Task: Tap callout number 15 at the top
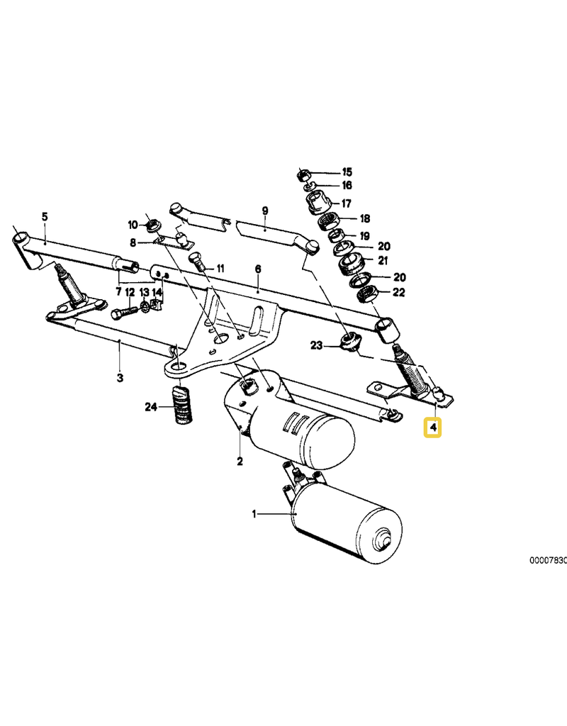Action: (x=347, y=172)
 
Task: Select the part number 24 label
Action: (x=150, y=406)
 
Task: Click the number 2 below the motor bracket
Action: (x=240, y=462)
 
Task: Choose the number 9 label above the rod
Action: (x=264, y=211)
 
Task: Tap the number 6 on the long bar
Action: (x=258, y=269)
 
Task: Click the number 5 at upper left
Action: (x=44, y=216)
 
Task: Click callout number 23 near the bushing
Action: (x=316, y=345)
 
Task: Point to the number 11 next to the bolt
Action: (x=220, y=269)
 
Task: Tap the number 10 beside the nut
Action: (x=133, y=225)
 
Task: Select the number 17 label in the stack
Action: (x=347, y=203)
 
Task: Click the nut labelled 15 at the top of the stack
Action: (x=301, y=173)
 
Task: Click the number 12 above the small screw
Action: (x=130, y=292)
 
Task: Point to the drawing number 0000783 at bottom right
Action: (x=547, y=560)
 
